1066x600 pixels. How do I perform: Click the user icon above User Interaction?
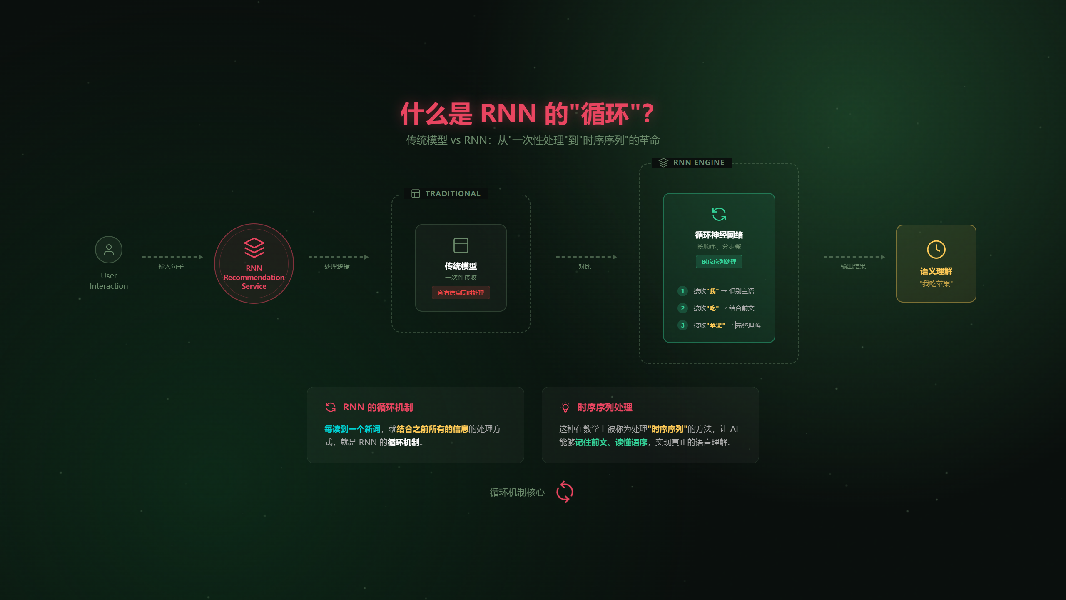(109, 250)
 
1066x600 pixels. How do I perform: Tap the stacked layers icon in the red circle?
(254, 247)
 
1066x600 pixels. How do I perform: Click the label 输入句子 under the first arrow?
(171, 267)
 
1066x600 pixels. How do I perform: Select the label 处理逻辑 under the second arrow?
(337, 267)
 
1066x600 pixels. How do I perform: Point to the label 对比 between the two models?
(585, 267)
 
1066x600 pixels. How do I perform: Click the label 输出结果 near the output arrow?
(853, 267)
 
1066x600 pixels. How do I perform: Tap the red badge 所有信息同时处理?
(461, 293)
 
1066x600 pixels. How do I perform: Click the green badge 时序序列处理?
(719, 262)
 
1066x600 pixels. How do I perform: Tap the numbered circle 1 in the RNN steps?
(682, 291)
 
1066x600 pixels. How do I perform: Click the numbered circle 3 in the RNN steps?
(682, 325)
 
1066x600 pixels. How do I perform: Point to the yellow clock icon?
(936, 249)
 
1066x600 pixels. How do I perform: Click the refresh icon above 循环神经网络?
(719, 214)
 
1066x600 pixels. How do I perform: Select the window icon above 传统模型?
(461, 245)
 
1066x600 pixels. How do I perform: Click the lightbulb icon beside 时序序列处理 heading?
(565, 407)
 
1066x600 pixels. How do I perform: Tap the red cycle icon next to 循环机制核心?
(565, 492)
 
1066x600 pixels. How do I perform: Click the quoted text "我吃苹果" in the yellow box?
(936, 284)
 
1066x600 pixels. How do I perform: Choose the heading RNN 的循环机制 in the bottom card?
(378, 407)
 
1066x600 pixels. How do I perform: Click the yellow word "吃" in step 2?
(712, 308)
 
